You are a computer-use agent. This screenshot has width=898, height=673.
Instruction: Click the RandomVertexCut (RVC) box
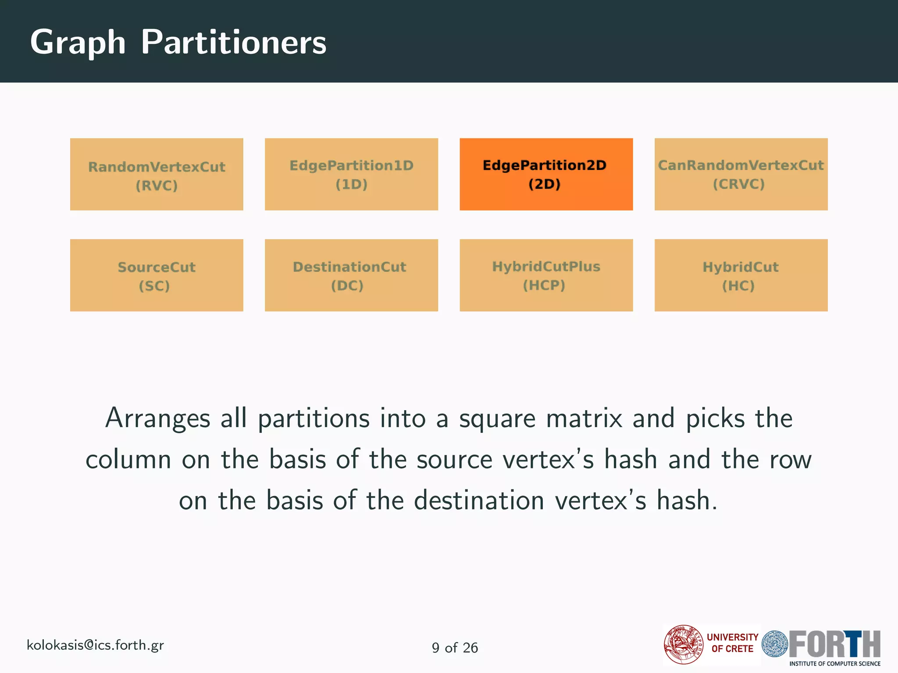click(157, 174)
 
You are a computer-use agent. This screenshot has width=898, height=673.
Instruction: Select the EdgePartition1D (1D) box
click(351, 174)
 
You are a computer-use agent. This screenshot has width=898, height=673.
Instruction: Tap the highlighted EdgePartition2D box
click(546, 174)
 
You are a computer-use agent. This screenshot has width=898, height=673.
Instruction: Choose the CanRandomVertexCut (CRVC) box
click(741, 174)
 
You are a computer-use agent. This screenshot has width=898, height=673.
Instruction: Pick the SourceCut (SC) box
click(157, 275)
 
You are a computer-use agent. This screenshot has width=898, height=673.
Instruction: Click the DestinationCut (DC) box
click(351, 275)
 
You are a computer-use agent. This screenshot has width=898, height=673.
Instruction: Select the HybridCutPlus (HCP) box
click(546, 275)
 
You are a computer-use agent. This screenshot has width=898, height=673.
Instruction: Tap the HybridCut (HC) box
click(741, 275)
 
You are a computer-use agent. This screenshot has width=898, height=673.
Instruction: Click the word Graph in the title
click(78, 43)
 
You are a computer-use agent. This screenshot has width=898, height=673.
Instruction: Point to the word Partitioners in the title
click(233, 43)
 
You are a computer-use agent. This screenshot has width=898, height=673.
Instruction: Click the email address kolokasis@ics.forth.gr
click(95, 645)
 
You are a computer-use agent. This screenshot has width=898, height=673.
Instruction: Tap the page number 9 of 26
click(455, 648)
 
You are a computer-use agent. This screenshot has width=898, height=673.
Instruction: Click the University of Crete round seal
click(683, 645)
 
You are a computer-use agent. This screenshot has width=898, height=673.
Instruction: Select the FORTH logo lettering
click(834, 644)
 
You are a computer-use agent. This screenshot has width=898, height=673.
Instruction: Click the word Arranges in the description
click(157, 419)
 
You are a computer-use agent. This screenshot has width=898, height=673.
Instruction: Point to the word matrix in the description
click(584, 418)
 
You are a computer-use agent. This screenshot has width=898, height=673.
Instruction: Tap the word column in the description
click(128, 460)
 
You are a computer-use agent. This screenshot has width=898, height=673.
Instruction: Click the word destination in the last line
click(479, 500)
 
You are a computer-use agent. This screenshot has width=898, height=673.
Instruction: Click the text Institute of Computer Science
click(834, 664)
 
